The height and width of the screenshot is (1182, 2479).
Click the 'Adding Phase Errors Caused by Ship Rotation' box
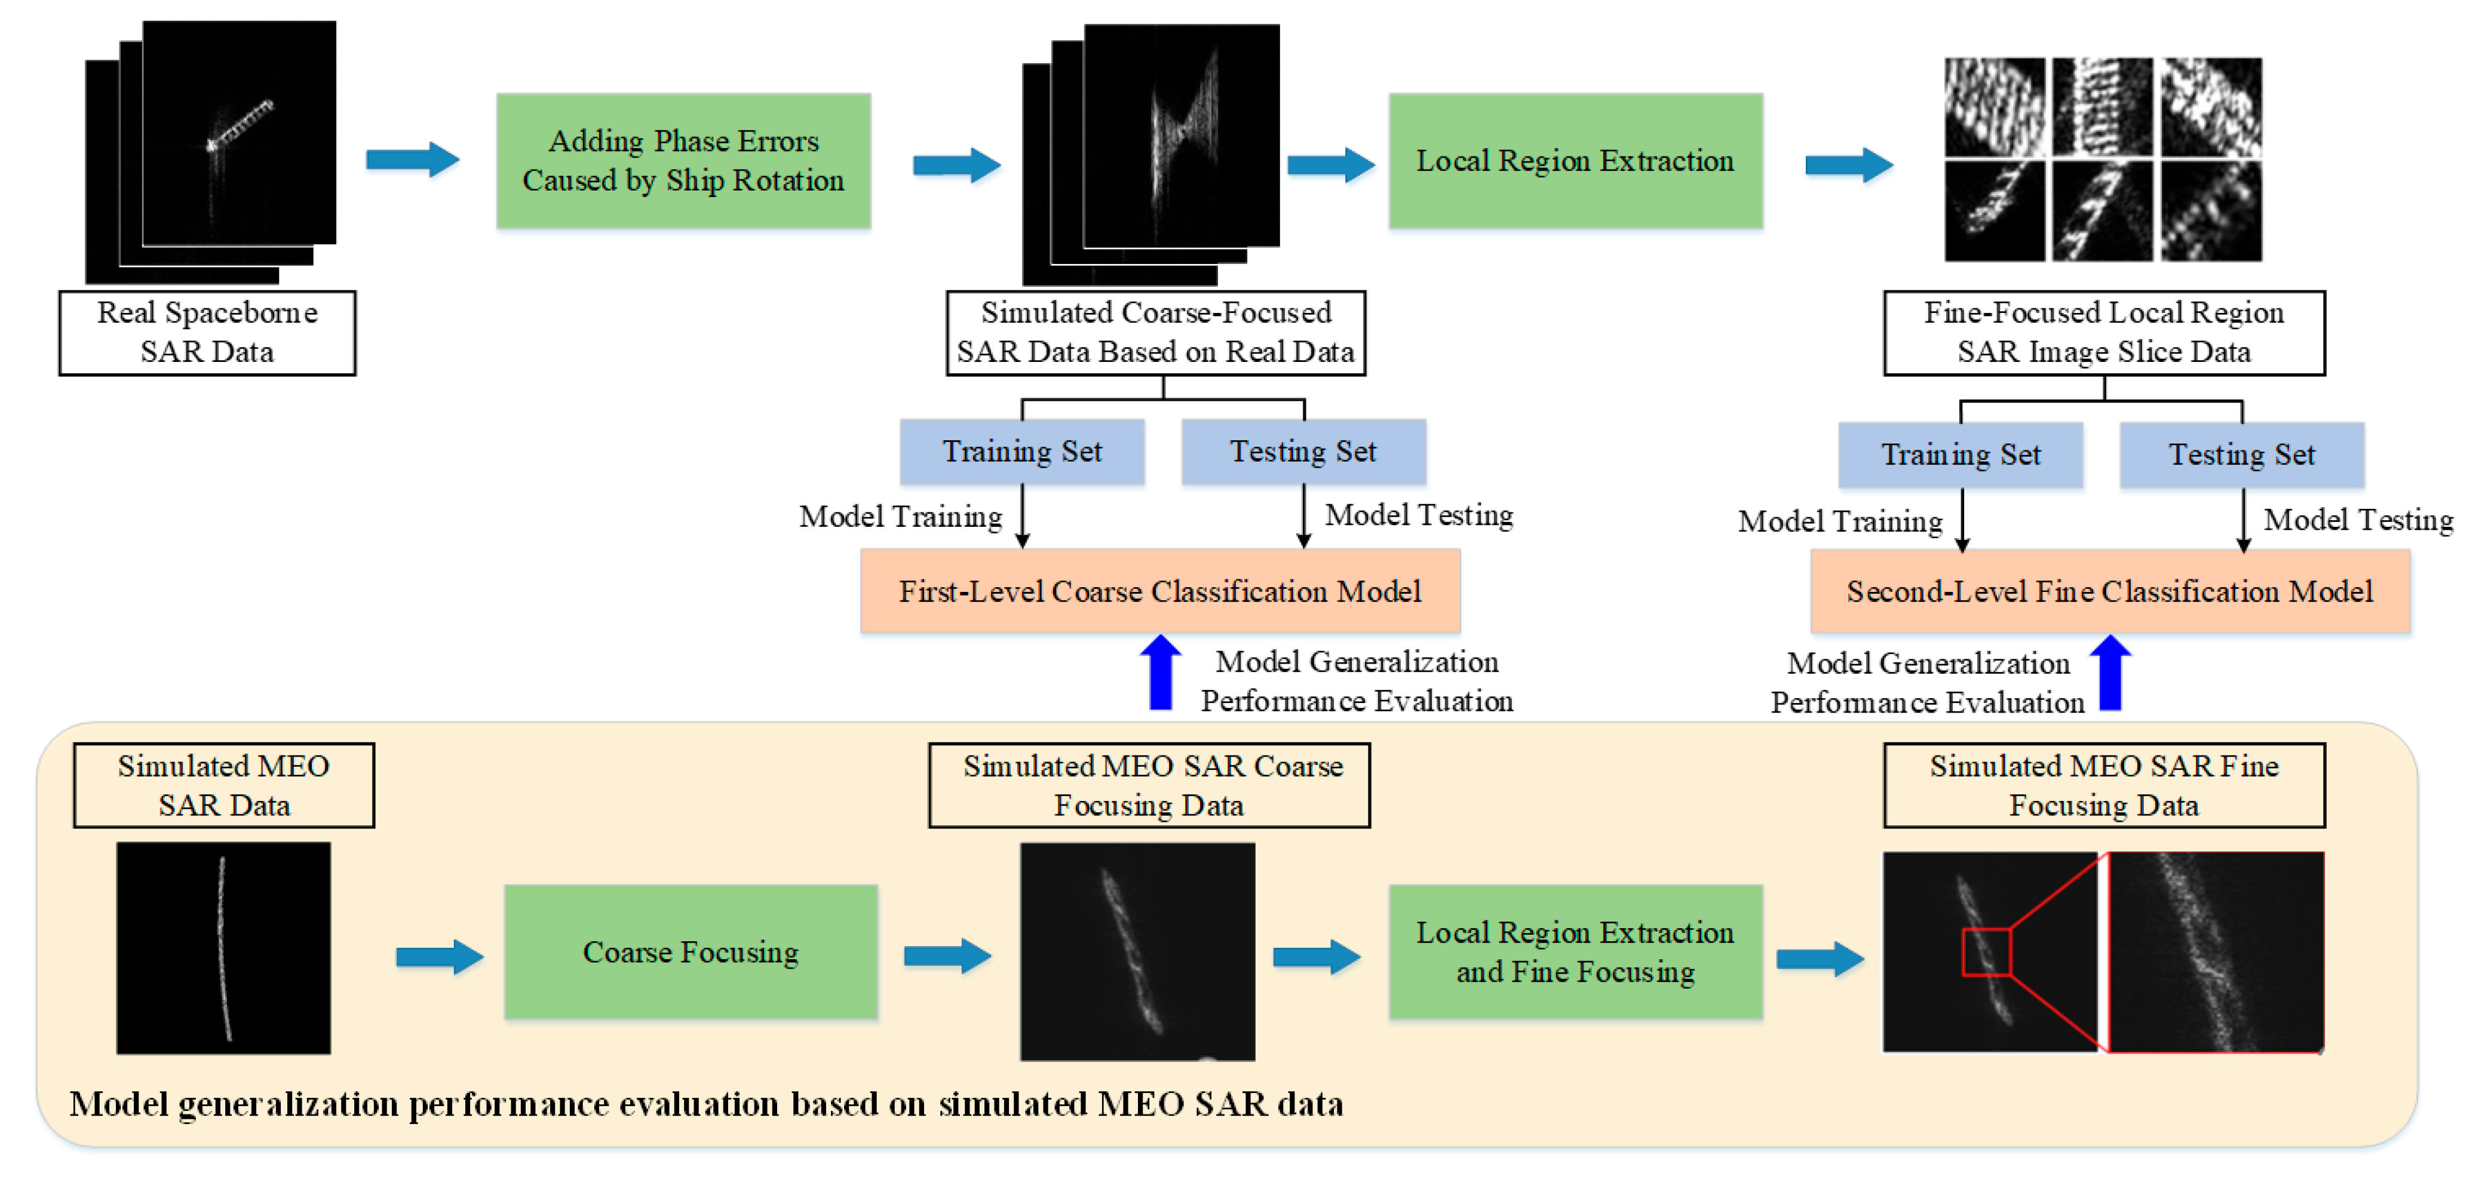pos(683,161)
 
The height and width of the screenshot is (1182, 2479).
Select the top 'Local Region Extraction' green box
pos(1575,161)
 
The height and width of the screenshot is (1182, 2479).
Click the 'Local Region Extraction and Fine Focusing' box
pos(1575,952)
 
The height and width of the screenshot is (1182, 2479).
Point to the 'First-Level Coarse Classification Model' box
pos(1159,591)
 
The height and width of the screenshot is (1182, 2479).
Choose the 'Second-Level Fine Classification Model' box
pos(2109,591)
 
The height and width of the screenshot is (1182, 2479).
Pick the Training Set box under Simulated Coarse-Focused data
pos(1022,452)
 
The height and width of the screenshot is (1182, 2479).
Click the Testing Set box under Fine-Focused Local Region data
pos(2241,455)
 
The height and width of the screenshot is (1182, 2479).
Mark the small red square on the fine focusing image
pos(1986,952)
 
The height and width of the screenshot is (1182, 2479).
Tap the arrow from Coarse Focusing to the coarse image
pos(947,956)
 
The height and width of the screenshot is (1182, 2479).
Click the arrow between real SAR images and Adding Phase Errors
pos(412,160)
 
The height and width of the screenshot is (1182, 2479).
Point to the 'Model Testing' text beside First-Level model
pos(1419,516)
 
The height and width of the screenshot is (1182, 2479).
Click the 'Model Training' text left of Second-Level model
pos(1840,521)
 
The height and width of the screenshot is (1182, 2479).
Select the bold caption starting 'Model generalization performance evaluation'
pos(706,1104)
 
